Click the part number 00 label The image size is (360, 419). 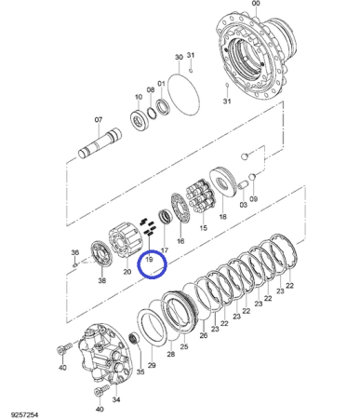pyautogui.click(x=256, y=4)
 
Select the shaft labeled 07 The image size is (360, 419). pyautogui.click(x=100, y=142)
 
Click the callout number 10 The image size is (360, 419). pyautogui.click(x=139, y=97)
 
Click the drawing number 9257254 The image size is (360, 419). pyautogui.click(x=24, y=414)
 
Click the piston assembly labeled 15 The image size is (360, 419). pyautogui.click(x=201, y=196)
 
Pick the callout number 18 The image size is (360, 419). pyautogui.click(x=222, y=217)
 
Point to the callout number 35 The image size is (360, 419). pyautogui.click(x=140, y=372)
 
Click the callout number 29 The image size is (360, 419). pyautogui.click(x=152, y=365)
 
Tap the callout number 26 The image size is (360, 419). pyautogui.click(x=204, y=335)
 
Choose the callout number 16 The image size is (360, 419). pyautogui.click(x=180, y=240)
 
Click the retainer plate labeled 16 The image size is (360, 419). pyautogui.click(x=180, y=209)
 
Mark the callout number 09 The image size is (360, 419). pyautogui.click(x=254, y=198)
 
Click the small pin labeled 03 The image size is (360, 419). pyautogui.click(x=242, y=185)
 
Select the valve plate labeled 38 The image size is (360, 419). pyautogui.click(x=101, y=255)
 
